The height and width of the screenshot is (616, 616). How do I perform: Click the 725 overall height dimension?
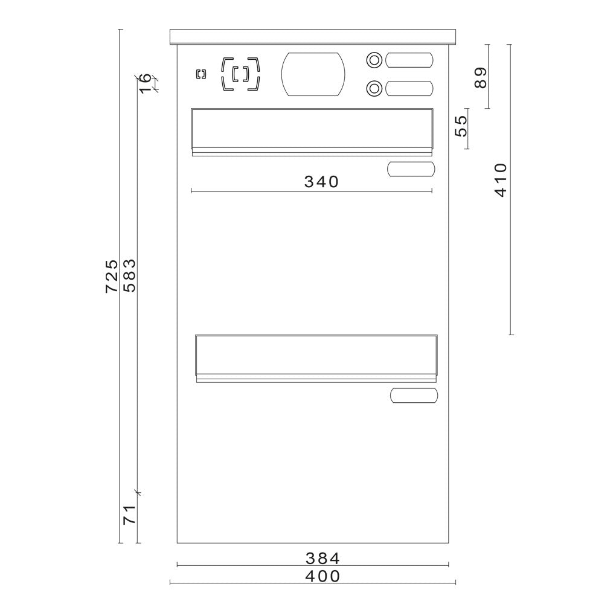pos(112,275)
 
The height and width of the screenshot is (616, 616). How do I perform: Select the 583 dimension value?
pos(129,275)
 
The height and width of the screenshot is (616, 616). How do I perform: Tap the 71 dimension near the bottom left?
pos(129,515)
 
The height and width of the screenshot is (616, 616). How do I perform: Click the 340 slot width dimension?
pos(321,182)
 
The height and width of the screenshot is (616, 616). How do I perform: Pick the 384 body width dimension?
pos(322,558)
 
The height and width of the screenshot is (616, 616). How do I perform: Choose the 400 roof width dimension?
pos(322,576)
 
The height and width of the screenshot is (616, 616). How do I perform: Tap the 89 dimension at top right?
pos(481,78)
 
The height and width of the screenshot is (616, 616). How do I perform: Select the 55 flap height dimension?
pos(461,126)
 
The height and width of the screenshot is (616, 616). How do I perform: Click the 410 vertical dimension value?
pos(501,180)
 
